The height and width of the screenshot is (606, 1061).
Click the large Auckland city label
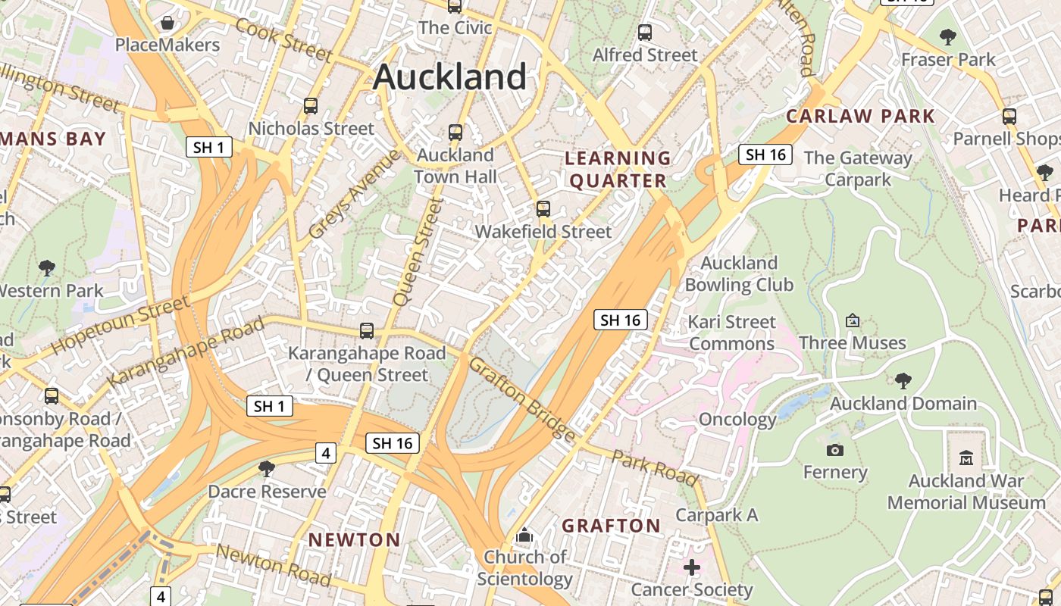point(449,77)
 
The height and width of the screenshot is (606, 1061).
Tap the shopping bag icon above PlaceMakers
point(167,23)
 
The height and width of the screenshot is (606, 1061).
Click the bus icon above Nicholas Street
point(311,105)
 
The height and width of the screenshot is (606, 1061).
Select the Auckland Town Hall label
point(455,166)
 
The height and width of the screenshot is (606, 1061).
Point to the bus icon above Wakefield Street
point(543,209)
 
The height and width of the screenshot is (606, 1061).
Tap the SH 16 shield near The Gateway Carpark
point(765,155)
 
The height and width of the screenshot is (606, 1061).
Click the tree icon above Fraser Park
point(947,36)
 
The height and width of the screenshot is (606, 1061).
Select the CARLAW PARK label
point(860,116)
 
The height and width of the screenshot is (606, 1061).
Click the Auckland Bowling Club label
point(739,274)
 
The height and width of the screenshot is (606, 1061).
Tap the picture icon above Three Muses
point(853,320)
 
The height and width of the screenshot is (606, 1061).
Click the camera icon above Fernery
point(834,450)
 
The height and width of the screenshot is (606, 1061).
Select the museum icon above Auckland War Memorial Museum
point(966,458)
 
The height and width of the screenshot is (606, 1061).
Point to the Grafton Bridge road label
point(522,399)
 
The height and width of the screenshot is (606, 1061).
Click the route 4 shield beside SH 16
point(325,453)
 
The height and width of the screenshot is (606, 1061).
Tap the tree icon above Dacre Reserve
point(266,469)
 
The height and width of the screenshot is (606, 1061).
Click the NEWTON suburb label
point(354,540)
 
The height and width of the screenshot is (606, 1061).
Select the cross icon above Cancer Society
point(691,567)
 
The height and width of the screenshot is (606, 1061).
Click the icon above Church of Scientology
point(524,536)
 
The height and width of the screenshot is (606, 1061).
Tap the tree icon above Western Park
point(47,267)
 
